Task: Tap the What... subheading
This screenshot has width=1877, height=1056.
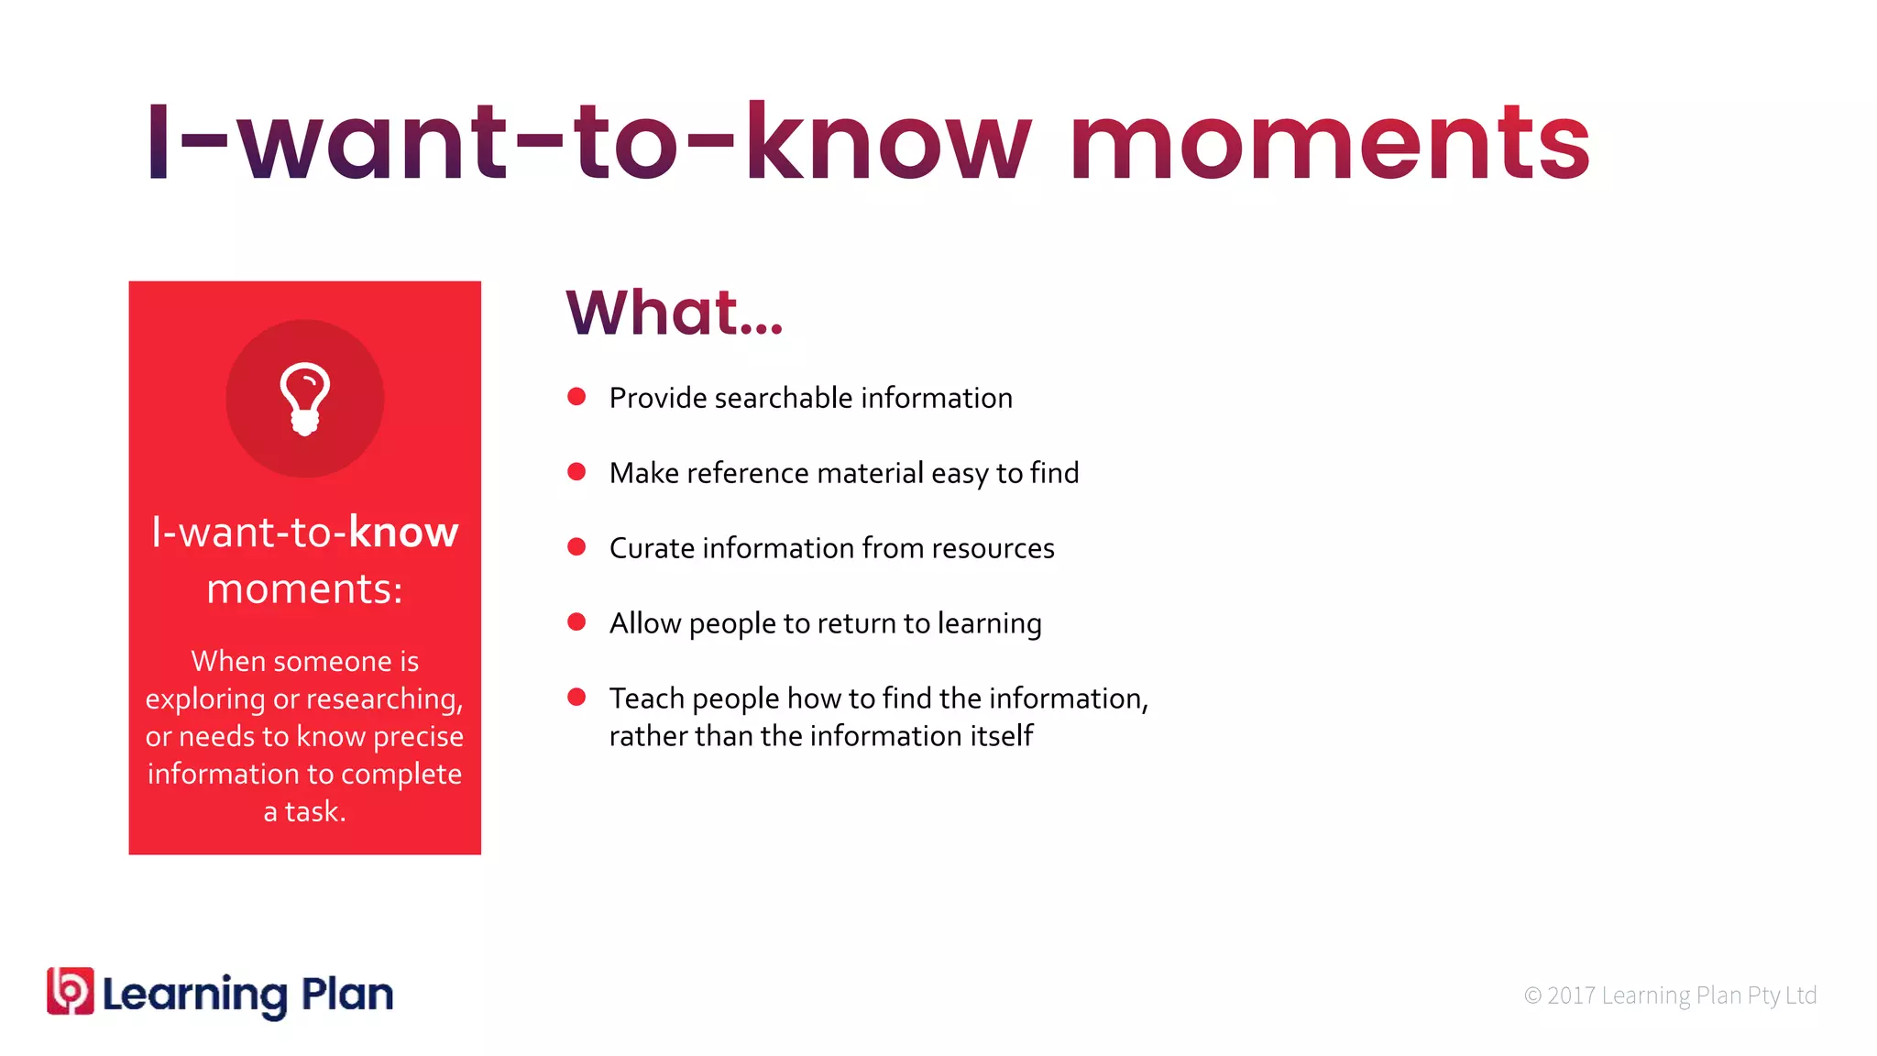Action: (x=675, y=313)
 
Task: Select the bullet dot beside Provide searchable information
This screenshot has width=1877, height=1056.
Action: (x=576, y=397)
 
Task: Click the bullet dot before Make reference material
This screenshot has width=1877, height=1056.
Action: (x=576, y=472)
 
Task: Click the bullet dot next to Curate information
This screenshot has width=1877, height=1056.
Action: (x=576, y=547)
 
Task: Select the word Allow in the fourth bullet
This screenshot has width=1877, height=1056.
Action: (x=645, y=623)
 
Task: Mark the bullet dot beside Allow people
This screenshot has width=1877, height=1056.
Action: (x=576, y=622)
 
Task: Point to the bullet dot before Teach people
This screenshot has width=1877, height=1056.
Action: (x=576, y=698)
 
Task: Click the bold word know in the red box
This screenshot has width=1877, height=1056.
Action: (x=403, y=533)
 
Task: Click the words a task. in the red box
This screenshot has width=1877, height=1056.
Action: (x=304, y=812)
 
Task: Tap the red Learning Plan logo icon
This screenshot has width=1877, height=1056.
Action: (x=71, y=991)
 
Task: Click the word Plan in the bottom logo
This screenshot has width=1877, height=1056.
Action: (x=347, y=995)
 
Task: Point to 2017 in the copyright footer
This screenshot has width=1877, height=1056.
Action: (x=1571, y=995)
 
